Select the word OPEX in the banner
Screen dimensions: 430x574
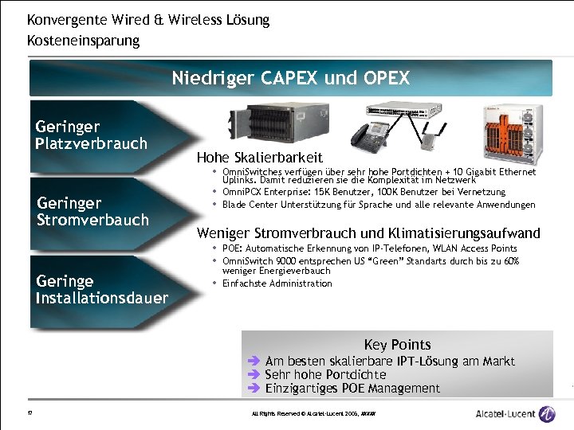(384, 78)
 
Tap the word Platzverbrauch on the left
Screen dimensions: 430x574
(92, 143)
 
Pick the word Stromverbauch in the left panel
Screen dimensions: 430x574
(93, 219)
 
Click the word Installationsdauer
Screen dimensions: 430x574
(102, 298)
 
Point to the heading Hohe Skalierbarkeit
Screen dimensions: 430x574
(259, 158)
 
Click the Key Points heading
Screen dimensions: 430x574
(397, 345)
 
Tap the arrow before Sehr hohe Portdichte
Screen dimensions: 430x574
(255, 374)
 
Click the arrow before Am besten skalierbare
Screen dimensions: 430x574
(255, 362)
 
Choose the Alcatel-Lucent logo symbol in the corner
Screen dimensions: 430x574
(547, 413)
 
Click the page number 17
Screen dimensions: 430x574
(29, 413)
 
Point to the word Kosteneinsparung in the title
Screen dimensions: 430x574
(83, 39)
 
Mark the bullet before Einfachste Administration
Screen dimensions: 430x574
(215, 283)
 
